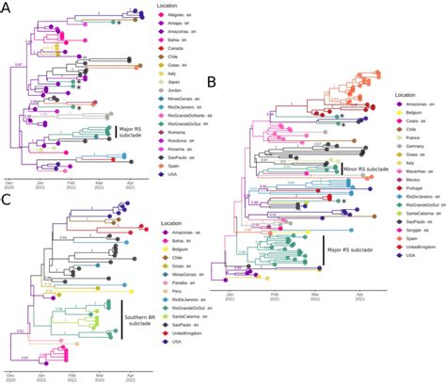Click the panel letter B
click(214, 82)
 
